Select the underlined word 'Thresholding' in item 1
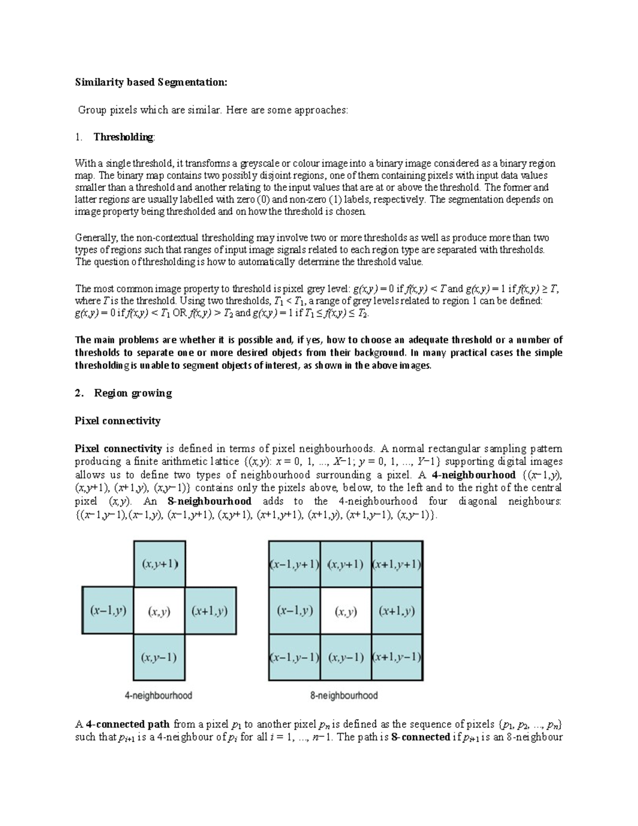coord(123,137)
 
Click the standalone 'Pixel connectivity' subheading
coord(117,421)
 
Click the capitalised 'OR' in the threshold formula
coord(180,313)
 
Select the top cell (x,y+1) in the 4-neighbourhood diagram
coord(159,564)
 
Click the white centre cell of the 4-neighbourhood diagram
coord(159,611)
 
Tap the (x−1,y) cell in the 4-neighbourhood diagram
coord(108,611)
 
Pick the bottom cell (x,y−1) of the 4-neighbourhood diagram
coord(159,657)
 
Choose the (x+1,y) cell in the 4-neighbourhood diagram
coord(210,611)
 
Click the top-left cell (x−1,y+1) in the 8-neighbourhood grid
coord(295,564)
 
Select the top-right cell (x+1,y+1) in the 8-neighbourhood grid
coord(397,564)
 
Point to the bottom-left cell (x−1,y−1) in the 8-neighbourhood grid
coord(295,657)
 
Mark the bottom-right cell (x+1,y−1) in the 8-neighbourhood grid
coord(397,657)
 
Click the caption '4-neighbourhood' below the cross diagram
coord(158,695)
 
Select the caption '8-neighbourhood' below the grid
coord(344,695)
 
